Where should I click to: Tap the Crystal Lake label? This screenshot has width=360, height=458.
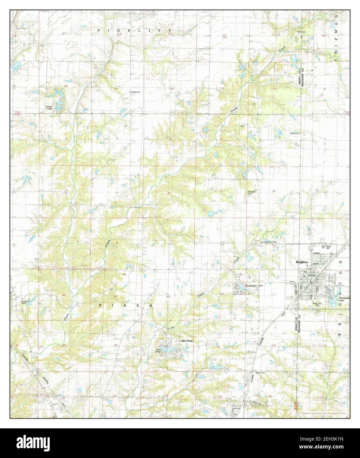tap(49, 107)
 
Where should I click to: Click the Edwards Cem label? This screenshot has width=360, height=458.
tap(25, 302)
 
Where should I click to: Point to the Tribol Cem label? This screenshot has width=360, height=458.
tap(301, 32)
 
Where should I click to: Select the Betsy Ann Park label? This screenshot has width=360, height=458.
tap(317, 305)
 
